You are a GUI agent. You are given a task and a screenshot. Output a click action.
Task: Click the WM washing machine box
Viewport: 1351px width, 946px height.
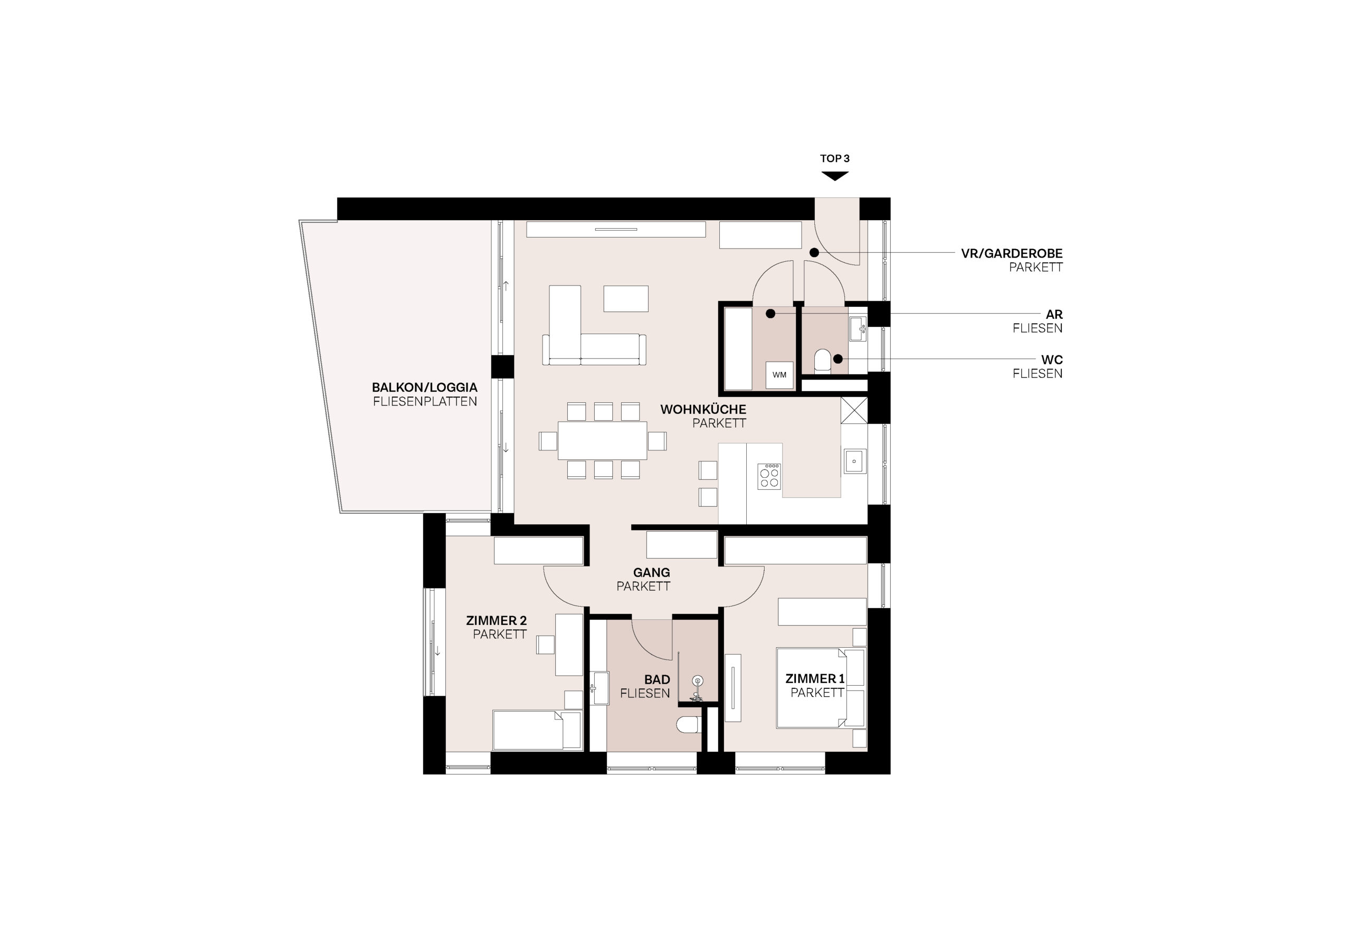[779, 374]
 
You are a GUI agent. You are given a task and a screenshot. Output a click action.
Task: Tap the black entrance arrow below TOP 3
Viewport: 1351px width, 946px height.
[834, 176]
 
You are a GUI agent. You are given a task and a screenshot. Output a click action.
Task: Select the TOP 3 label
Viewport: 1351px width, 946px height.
[834, 158]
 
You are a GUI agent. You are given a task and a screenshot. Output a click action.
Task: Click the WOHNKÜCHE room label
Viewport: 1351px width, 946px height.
[703, 409]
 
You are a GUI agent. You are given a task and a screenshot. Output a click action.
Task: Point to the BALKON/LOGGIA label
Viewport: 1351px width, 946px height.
[424, 387]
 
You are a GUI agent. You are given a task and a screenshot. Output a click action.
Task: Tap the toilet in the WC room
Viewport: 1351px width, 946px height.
[823, 360]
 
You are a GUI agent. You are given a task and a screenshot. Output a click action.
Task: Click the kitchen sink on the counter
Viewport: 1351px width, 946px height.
[854, 461]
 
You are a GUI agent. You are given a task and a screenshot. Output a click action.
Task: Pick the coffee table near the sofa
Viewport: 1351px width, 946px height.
[625, 298]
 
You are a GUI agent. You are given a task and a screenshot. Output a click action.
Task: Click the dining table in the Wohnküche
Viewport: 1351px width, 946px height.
[602, 440]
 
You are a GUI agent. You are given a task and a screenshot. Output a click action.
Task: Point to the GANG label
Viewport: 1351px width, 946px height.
[651, 572]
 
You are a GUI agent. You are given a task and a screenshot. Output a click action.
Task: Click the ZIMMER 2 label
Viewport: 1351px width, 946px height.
[496, 620]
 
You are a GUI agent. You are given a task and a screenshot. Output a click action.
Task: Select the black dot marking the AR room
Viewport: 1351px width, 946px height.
[770, 314]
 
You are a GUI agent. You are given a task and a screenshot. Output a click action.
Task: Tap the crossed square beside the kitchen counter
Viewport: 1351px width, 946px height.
[854, 410]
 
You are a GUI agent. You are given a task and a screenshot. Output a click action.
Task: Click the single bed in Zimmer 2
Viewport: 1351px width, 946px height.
[537, 730]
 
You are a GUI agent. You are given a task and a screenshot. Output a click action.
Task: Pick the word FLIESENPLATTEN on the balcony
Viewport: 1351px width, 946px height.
[425, 402]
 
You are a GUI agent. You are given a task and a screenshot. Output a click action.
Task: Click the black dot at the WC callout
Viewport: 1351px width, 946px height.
[838, 358]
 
